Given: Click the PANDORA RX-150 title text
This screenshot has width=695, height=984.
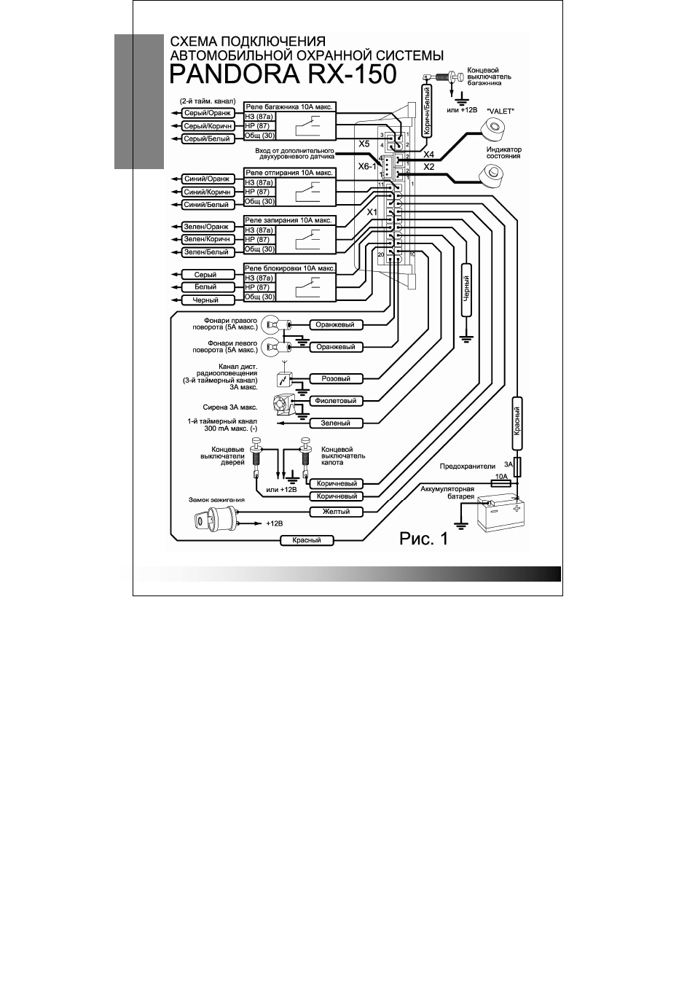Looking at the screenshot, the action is (283, 74).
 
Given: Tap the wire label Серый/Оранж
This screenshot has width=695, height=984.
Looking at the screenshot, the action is (207, 113).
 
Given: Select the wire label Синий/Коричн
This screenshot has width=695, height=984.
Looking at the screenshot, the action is (207, 192).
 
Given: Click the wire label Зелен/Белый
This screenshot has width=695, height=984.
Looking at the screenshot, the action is (207, 252).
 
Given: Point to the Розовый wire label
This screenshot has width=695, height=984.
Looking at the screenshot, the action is (337, 379).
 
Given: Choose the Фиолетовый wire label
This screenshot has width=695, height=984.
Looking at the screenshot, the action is (337, 401).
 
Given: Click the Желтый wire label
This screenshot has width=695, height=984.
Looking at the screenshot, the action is (337, 512).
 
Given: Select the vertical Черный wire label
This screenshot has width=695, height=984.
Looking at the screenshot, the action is (466, 289).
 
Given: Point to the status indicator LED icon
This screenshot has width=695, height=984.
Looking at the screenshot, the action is (492, 176).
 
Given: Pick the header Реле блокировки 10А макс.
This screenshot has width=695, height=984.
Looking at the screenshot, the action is (290, 268).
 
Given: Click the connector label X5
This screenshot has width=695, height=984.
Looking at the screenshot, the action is (364, 144).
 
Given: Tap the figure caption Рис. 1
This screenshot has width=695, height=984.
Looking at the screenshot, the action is (424, 539).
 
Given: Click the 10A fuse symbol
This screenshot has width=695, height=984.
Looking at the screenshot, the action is (500, 483).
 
